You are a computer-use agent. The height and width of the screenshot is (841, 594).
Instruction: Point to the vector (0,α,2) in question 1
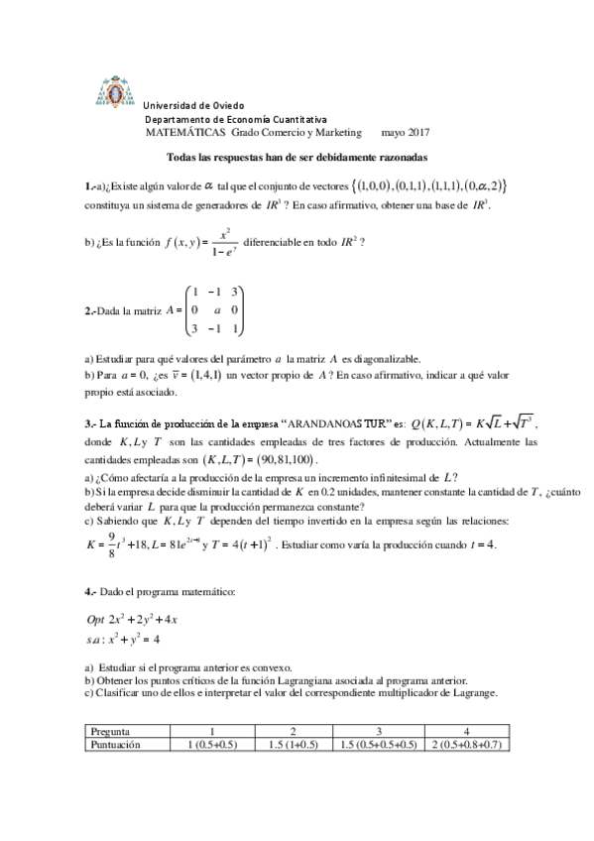click(x=483, y=184)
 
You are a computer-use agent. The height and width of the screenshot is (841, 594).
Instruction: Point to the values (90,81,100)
click(x=272, y=459)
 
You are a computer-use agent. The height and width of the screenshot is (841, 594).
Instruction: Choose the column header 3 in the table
click(x=379, y=731)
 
